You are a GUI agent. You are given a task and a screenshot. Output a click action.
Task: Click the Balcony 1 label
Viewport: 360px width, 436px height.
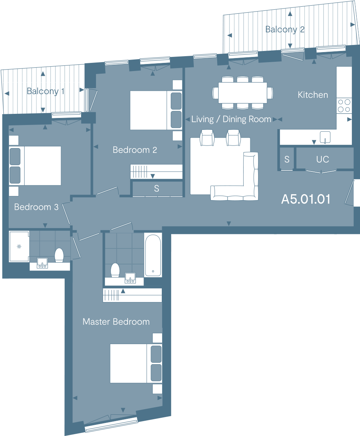[45, 91]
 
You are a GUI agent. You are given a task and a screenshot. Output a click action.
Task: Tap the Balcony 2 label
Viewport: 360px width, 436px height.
[285, 29]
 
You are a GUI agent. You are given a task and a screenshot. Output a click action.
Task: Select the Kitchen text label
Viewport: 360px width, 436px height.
[313, 95]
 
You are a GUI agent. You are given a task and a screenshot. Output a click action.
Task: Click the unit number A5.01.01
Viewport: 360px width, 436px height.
[306, 199]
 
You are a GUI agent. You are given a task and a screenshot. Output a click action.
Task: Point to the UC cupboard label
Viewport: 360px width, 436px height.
[322, 159]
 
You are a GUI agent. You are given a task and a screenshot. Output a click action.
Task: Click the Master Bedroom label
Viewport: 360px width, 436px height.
[116, 322]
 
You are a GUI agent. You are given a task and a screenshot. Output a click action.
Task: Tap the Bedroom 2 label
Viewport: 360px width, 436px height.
[135, 150]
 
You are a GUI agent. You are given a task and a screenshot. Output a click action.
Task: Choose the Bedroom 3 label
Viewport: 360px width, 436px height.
[36, 207]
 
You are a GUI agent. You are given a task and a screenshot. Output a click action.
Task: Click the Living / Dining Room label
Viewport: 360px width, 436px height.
[231, 119]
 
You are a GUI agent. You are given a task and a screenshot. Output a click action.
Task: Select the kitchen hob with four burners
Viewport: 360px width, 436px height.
[344, 105]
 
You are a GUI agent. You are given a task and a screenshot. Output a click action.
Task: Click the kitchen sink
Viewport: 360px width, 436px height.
[325, 137]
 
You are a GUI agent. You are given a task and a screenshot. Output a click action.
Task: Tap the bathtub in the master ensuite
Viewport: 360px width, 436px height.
[153, 255]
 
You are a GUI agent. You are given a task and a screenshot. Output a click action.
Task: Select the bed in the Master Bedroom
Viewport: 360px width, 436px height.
[136, 363]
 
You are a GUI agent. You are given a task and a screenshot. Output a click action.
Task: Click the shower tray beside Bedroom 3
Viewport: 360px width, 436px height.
[19, 247]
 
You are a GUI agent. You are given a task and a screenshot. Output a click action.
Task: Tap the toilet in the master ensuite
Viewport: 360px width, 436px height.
[115, 270]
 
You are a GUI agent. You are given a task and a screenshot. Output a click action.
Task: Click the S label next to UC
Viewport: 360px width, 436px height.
[287, 160]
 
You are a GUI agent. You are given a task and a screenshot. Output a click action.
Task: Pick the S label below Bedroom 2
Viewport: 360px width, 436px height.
[157, 189]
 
